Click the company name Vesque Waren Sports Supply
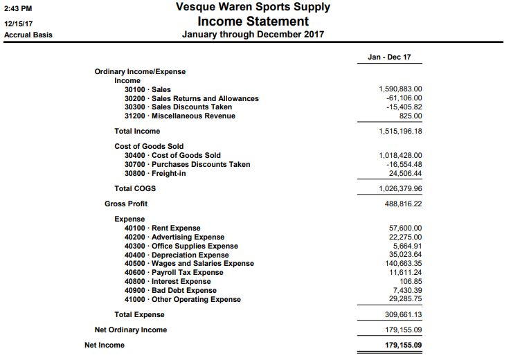tap(253, 8)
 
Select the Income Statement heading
tap(253, 21)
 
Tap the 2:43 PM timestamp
tap(18, 8)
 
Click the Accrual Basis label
tap(28, 35)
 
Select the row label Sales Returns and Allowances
tap(191, 98)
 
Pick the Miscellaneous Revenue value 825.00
tap(409, 116)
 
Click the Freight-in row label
tap(155, 173)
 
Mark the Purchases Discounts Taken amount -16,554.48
tap(403, 164)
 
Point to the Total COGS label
tap(135, 188)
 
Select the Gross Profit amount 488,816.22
tap(403, 204)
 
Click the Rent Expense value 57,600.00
tap(406, 228)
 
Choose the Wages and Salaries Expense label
tap(189, 263)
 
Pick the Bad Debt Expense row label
tap(170, 290)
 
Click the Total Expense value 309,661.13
tap(403, 314)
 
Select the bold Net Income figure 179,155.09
tap(403, 345)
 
